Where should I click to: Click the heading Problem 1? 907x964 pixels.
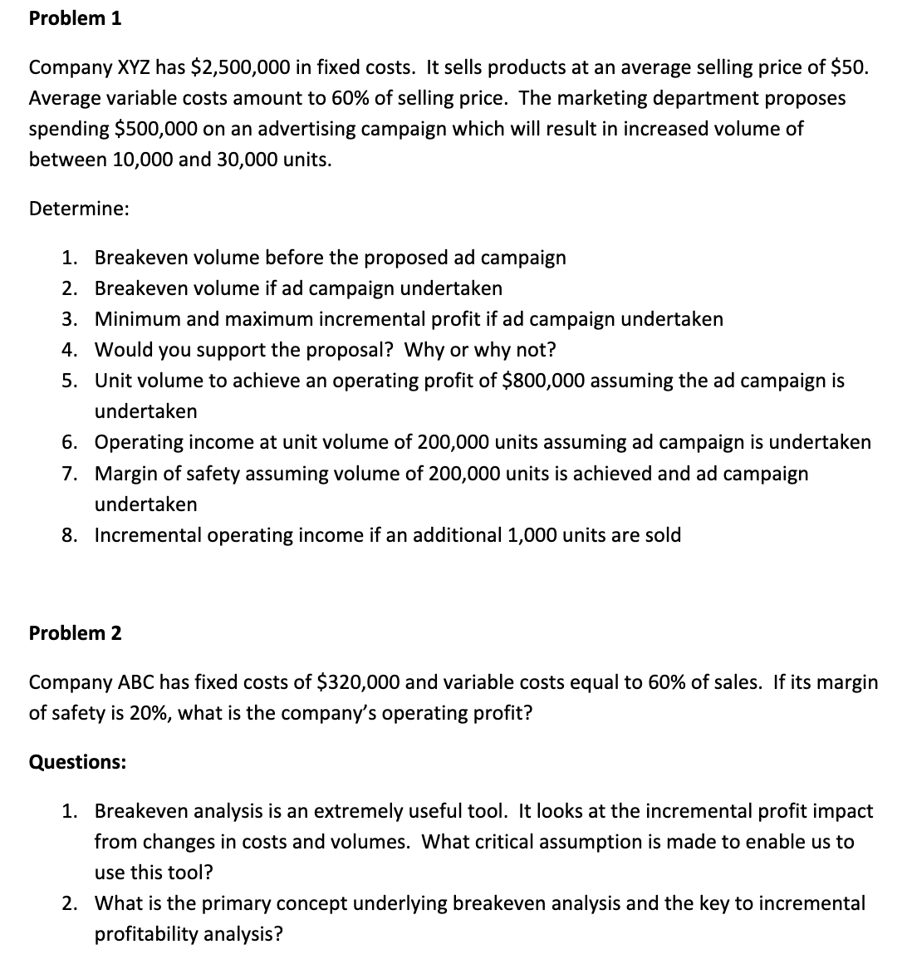click(x=75, y=19)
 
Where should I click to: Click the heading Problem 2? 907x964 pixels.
click(x=75, y=633)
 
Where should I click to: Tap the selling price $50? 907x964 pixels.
click(x=847, y=67)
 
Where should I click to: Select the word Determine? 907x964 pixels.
click(x=79, y=209)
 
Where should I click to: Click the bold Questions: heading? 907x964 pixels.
click(x=78, y=762)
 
